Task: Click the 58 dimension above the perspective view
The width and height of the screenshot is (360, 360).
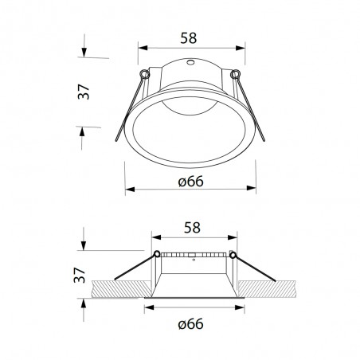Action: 190,37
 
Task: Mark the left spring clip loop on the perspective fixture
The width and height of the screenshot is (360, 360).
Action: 142,76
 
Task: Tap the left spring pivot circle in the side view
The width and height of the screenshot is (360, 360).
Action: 157,254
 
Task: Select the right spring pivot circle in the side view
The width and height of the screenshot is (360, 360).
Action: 233,254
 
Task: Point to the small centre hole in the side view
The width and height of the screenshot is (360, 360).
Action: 194,258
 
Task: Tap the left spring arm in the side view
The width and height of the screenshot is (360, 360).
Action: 135,267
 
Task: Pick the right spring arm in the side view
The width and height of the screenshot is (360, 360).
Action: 253,267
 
